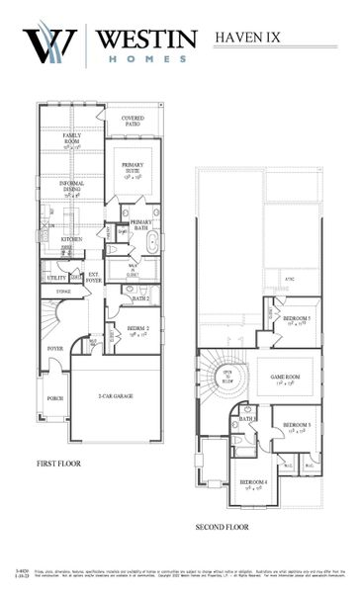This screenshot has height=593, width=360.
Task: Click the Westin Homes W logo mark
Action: click(50, 45)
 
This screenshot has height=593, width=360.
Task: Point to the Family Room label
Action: click(72, 139)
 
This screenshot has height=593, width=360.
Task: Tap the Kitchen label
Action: click(71, 239)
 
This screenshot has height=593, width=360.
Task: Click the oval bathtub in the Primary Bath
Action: click(151, 241)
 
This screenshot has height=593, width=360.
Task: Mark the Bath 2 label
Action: click(139, 297)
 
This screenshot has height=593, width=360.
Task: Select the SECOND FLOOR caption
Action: click(223, 527)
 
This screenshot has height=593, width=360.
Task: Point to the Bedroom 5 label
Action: click(297, 320)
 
